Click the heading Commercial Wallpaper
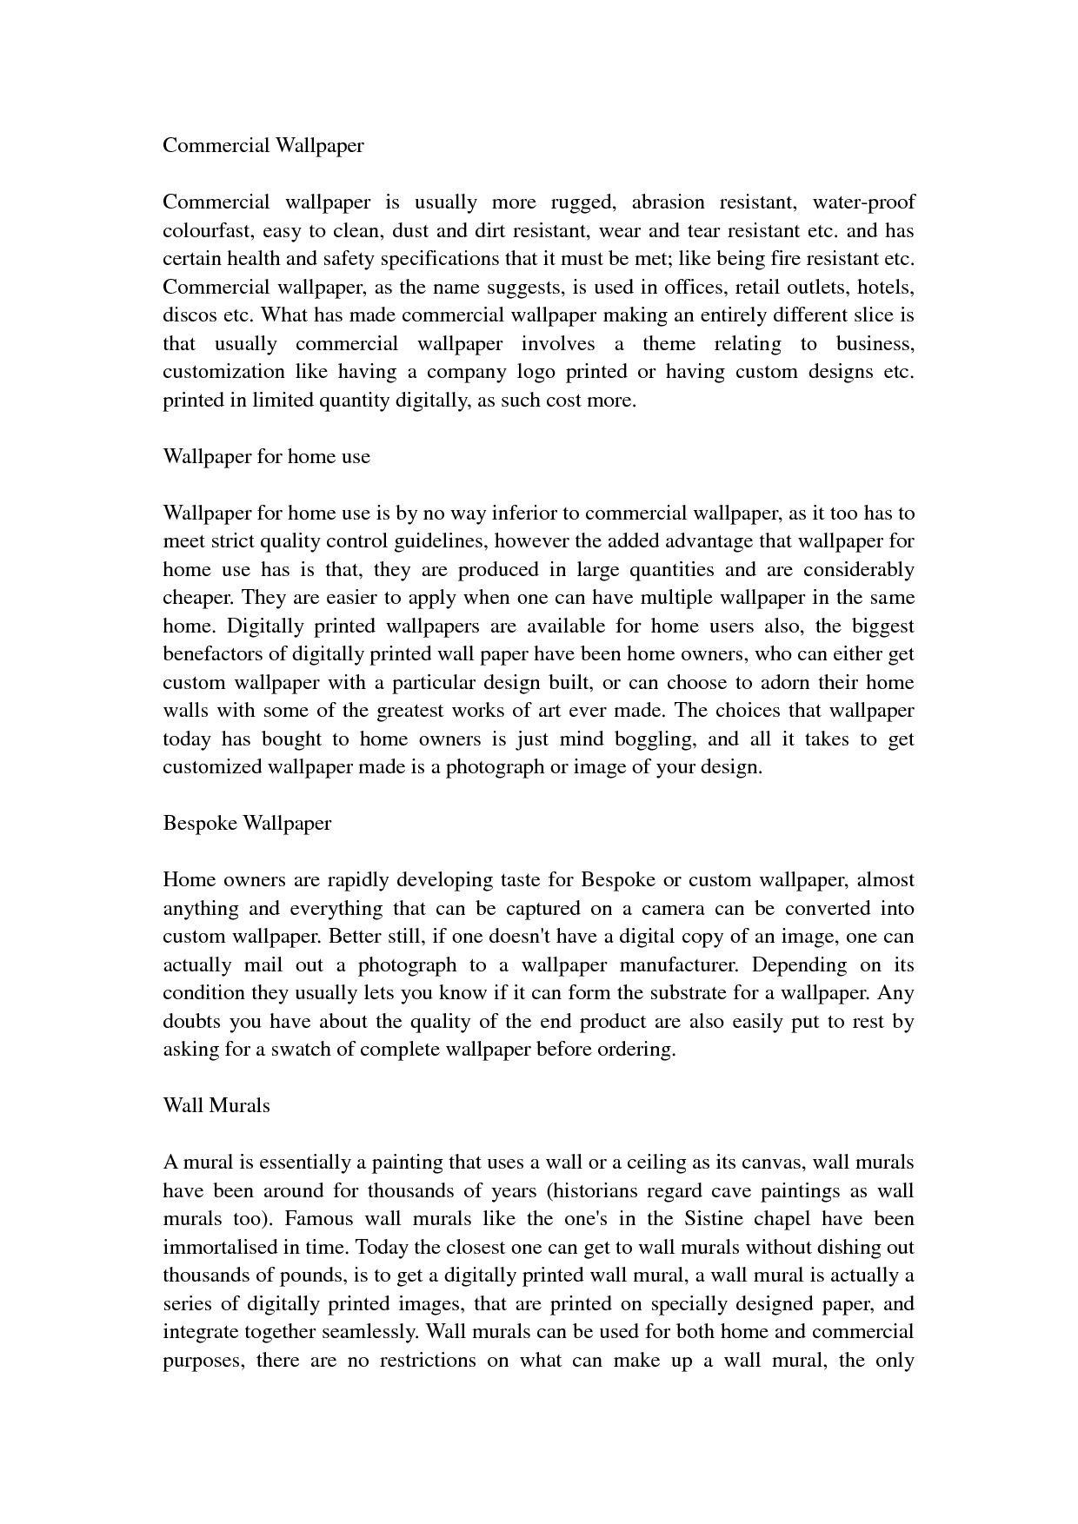click(263, 145)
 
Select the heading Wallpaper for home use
click(266, 456)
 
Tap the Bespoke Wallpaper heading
click(247, 823)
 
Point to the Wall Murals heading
click(216, 1105)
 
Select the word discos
click(188, 315)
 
